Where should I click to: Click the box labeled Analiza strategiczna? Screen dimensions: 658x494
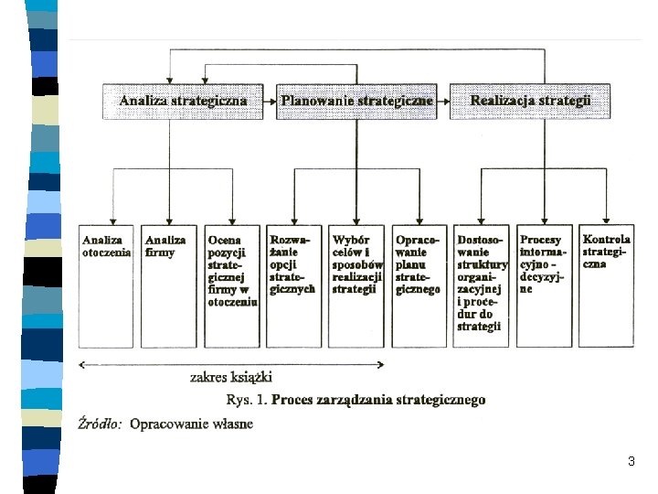tap(183, 102)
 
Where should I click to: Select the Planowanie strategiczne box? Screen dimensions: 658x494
tap(356, 102)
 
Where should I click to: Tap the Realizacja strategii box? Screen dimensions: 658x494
tap(530, 102)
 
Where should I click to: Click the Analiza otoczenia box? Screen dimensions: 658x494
tap(106, 286)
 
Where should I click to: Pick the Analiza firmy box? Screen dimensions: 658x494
tap(169, 286)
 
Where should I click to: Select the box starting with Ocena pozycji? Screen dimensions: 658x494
tap(232, 286)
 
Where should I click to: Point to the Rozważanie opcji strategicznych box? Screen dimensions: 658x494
tap(293, 286)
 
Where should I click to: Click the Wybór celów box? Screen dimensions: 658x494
tap(356, 286)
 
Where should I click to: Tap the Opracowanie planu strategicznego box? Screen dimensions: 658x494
tap(419, 286)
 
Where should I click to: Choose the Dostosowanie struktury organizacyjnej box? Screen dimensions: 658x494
tap(481, 286)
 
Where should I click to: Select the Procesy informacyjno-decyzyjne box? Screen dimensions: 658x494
tap(545, 286)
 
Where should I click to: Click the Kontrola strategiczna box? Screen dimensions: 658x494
tap(607, 286)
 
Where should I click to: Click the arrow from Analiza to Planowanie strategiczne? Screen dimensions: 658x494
tap(270, 102)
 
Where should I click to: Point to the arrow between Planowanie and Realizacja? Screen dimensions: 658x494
tap(443, 102)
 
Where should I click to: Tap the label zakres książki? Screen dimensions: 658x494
tap(231, 377)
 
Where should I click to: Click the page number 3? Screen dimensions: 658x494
tap(631, 461)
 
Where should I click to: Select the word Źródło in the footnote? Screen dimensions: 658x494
tap(100, 424)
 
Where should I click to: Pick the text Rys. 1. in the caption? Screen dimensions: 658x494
tap(247, 399)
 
